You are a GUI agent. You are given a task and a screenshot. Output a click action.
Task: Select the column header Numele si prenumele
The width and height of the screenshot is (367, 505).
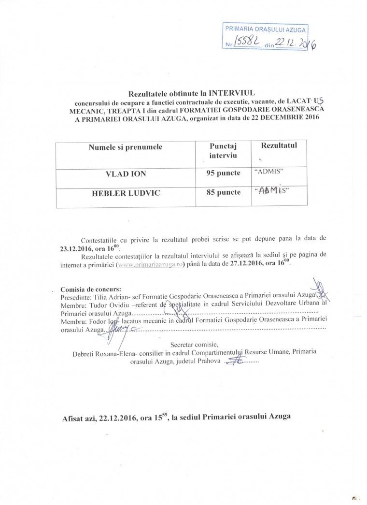[125, 147]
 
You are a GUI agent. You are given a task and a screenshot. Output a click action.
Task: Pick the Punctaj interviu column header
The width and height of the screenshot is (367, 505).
[223, 151]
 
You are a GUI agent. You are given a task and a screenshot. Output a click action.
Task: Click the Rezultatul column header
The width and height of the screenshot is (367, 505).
[279, 145]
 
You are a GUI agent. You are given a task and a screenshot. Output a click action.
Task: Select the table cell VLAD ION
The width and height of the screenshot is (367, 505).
[126, 174]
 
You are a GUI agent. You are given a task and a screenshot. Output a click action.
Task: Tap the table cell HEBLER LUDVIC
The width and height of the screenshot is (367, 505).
[126, 193]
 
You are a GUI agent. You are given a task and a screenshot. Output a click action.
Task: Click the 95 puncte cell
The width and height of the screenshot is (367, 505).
[223, 174]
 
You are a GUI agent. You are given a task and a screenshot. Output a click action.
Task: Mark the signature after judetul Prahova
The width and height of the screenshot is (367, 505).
[236, 361]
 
